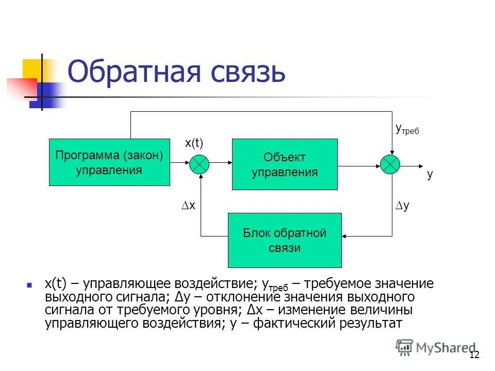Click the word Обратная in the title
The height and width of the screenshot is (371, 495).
click(131, 72)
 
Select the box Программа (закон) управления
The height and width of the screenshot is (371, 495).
click(109, 162)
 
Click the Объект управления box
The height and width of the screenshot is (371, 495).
click(285, 164)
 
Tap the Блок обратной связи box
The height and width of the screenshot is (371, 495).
click(285, 240)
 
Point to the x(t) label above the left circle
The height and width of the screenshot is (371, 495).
click(194, 144)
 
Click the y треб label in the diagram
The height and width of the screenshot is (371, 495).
click(406, 129)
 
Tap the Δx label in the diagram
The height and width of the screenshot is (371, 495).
click(189, 205)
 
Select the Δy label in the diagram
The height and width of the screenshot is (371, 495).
click(402, 205)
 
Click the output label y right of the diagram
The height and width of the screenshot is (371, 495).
click(430, 174)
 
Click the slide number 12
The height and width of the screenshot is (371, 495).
click(474, 355)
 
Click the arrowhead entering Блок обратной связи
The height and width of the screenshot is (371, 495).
click(346, 236)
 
